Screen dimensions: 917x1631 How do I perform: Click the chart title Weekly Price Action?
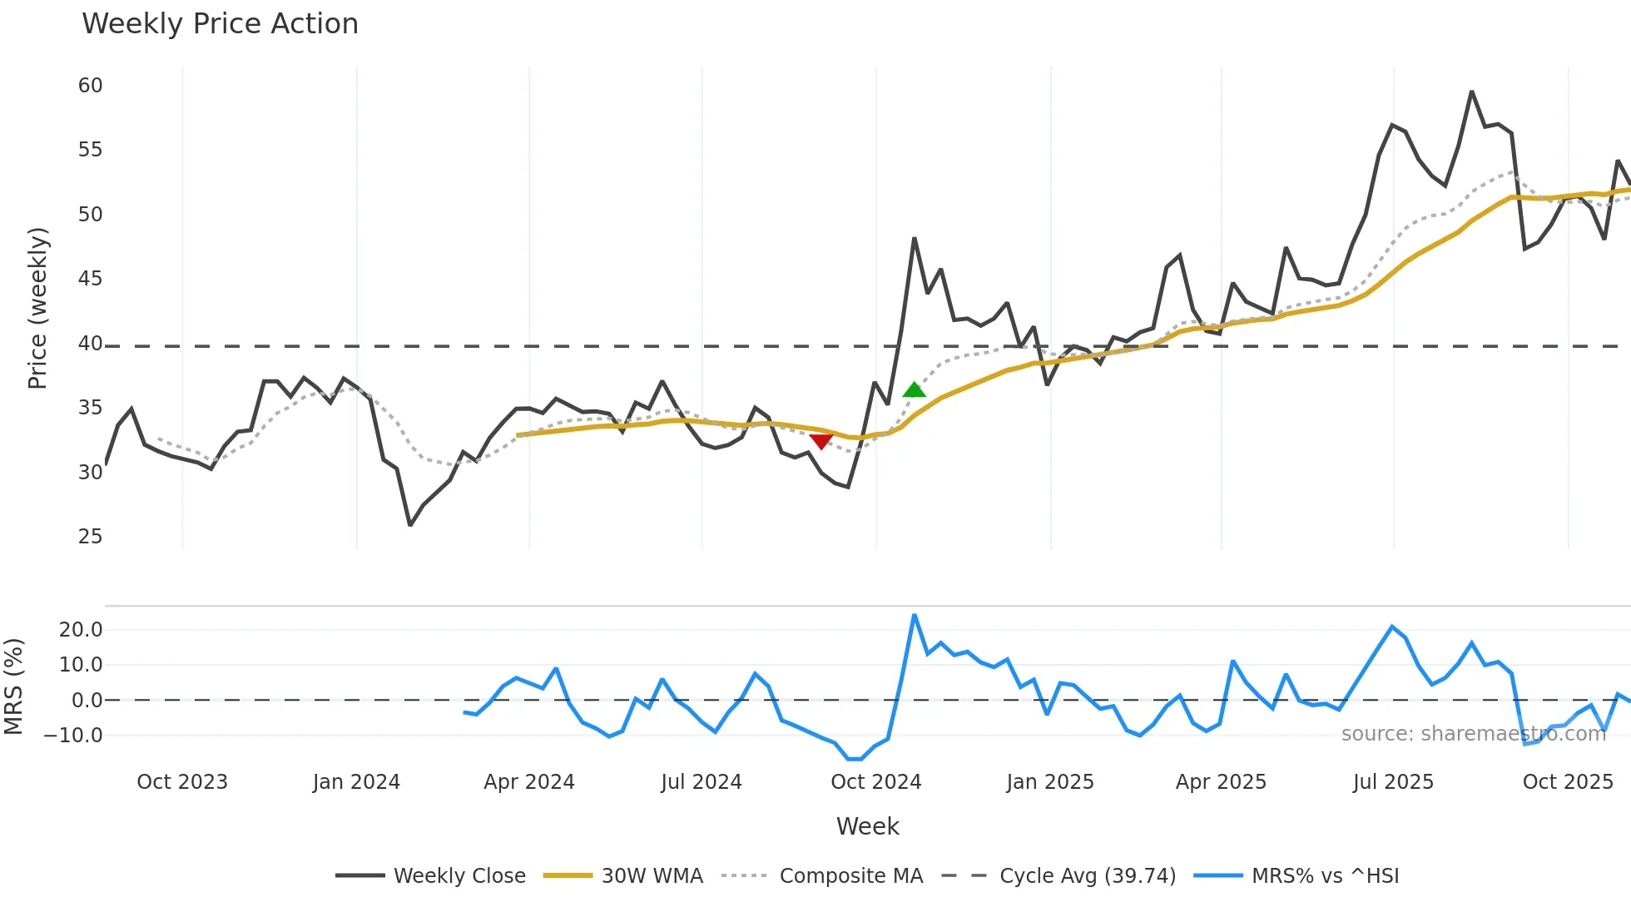point(220,24)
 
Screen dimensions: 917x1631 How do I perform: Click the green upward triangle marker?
point(914,389)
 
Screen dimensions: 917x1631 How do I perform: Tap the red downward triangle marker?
point(820,441)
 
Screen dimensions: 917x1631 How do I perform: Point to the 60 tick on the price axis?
point(90,86)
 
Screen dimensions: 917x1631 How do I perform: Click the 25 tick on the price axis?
point(90,537)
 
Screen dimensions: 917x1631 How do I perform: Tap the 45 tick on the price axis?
point(90,279)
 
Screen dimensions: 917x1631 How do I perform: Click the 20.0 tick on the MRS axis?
point(81,630)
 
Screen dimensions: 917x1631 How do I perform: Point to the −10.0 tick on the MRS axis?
point(73,736)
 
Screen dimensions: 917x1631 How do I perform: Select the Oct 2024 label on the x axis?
point(875,782)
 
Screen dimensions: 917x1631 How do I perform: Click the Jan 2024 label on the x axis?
point(356,782)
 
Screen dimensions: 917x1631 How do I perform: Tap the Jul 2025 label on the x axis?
point(1393,782)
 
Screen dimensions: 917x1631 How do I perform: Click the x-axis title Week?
point(867,826)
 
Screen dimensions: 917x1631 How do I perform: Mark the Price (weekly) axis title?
point(38,308)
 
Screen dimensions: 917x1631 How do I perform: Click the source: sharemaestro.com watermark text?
point(1473,734)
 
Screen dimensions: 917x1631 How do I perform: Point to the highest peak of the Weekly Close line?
point(1471,92)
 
